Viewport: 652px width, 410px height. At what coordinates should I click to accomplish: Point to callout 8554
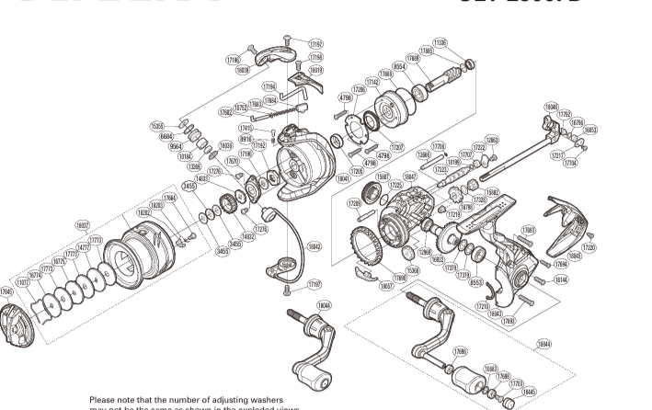click(x=399, y=67)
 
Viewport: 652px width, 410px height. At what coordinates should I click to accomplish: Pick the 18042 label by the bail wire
click(x=315, y=246)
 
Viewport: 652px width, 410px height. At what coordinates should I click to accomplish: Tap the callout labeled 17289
click(x=353, y=202)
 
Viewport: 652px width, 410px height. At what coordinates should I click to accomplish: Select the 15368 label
click(x=413, y=270)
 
